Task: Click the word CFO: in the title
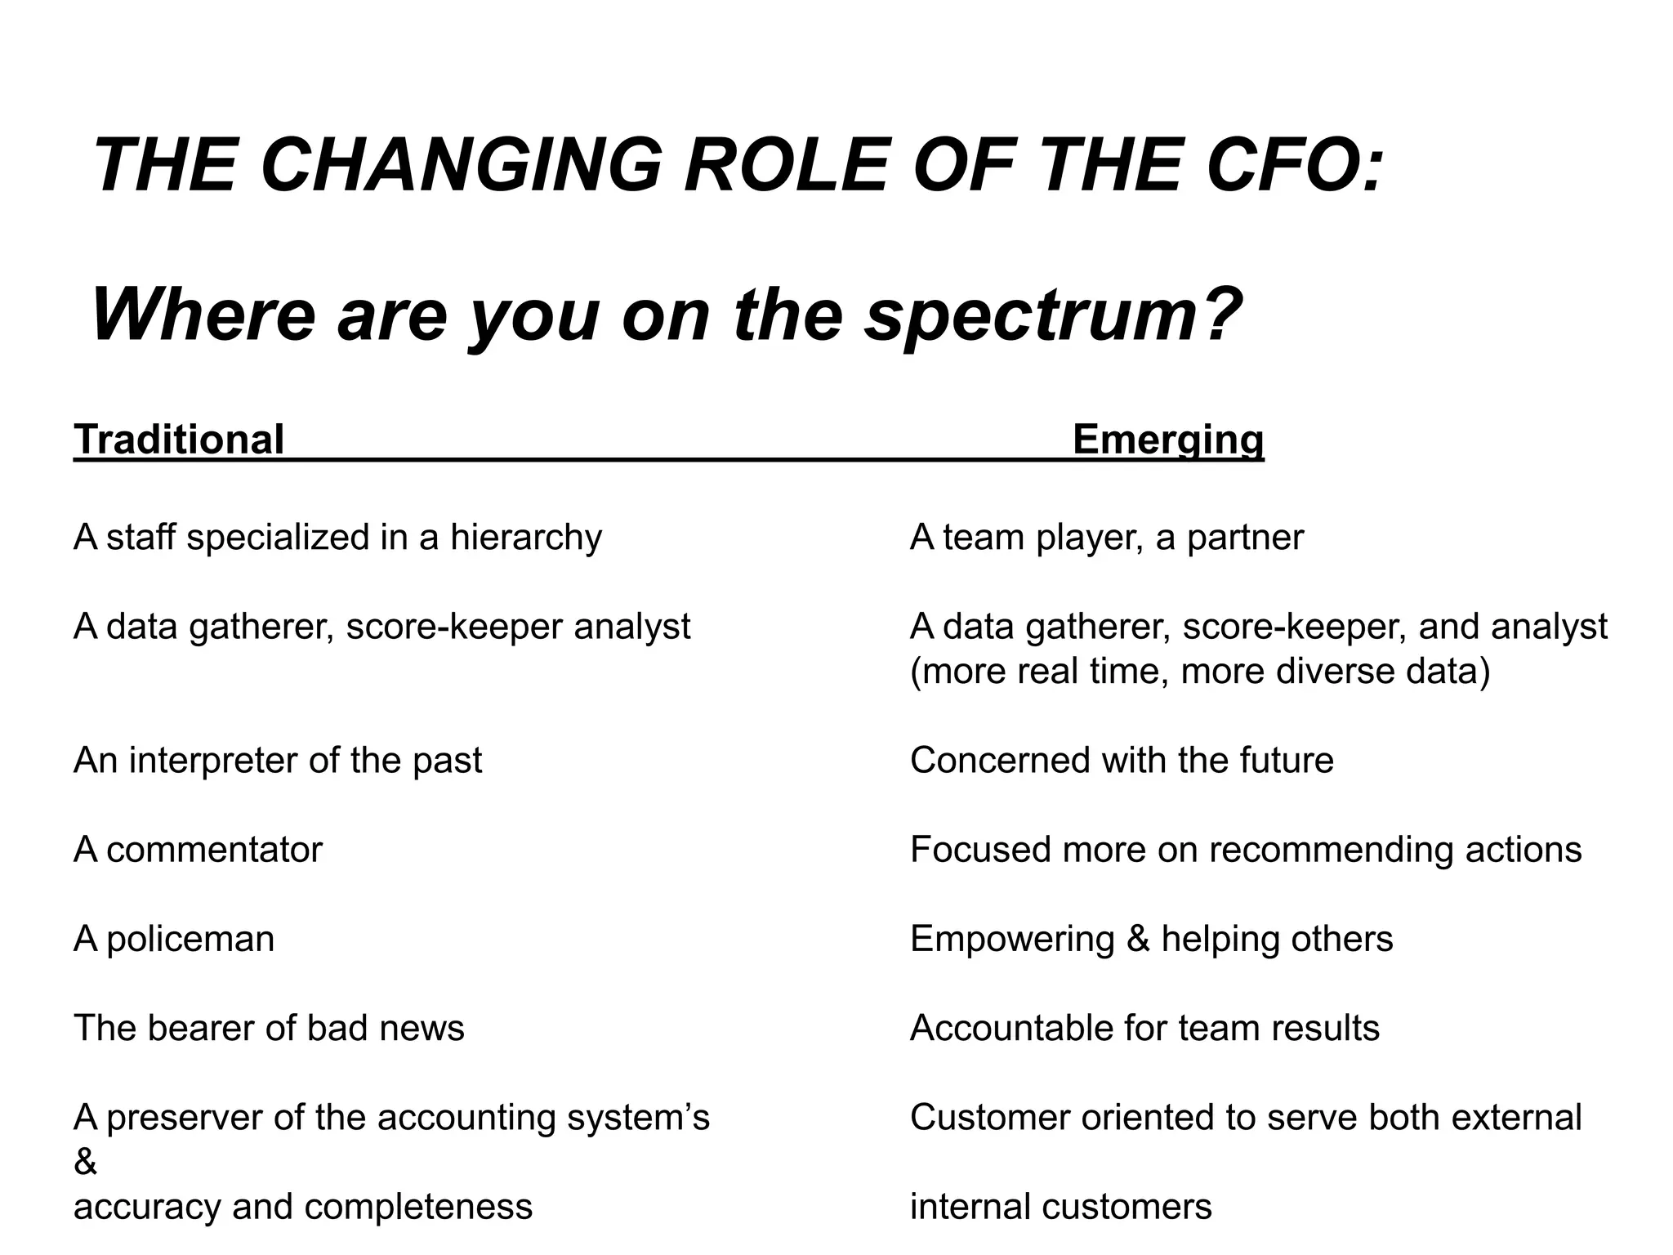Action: (1296, 165)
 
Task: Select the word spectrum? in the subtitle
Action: (1055, 317)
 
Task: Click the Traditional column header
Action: (179, 440)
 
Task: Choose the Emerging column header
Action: (1167, 440)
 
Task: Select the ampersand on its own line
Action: (85, 1163)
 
